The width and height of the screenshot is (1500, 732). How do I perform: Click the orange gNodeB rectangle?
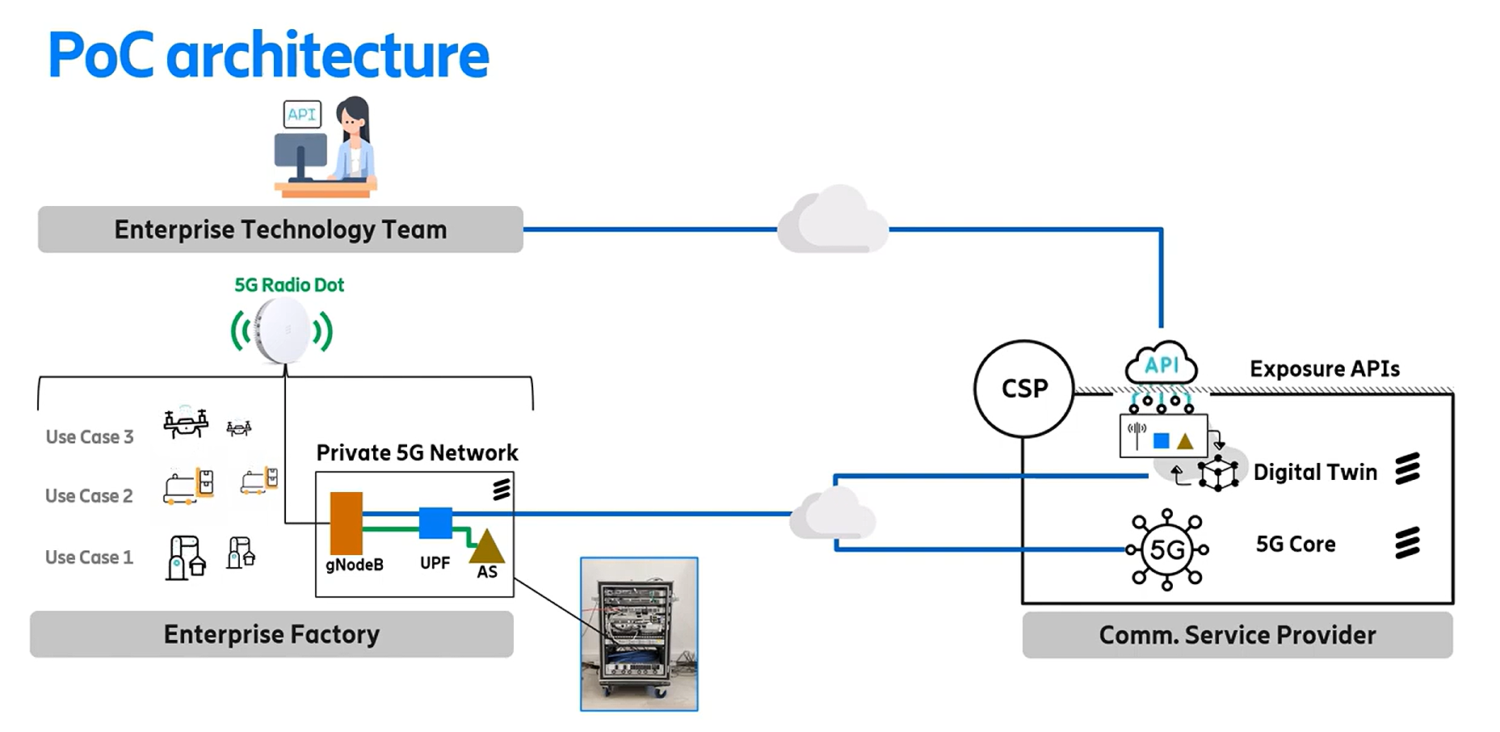click(x=346, y=523)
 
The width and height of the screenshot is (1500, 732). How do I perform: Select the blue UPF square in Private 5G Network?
click(x=435, y=523)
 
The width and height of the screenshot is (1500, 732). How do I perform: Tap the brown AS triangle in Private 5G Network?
click(x=486, y=547)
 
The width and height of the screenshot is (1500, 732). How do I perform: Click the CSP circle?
click(x=1023, y=389)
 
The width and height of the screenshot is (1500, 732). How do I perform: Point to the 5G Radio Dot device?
click(x=283, y=331)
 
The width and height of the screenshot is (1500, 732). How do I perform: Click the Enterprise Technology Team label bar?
click(x=280, y=229)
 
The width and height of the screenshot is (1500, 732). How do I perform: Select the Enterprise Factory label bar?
click(x=271, y=634)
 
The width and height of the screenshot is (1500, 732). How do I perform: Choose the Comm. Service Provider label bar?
click(x=1237, y=635)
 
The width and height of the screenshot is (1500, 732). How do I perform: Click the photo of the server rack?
click(x=639, y=634)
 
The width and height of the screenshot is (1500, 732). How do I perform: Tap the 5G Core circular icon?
click(x=1167, y=549)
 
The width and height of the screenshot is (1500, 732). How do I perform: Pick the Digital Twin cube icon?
click(x=1217, y=473)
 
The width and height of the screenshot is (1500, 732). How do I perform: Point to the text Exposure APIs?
click(x=1324, y=369)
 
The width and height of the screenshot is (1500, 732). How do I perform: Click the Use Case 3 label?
click(x=89, y=437)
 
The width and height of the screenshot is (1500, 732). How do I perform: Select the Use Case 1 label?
click(x=89, y=557)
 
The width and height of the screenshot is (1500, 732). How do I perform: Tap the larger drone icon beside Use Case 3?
click(x=186, y=423)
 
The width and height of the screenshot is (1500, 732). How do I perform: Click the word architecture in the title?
click(x=327, y=56)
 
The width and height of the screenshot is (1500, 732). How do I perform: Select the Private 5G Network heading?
click(x=417, y=452)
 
